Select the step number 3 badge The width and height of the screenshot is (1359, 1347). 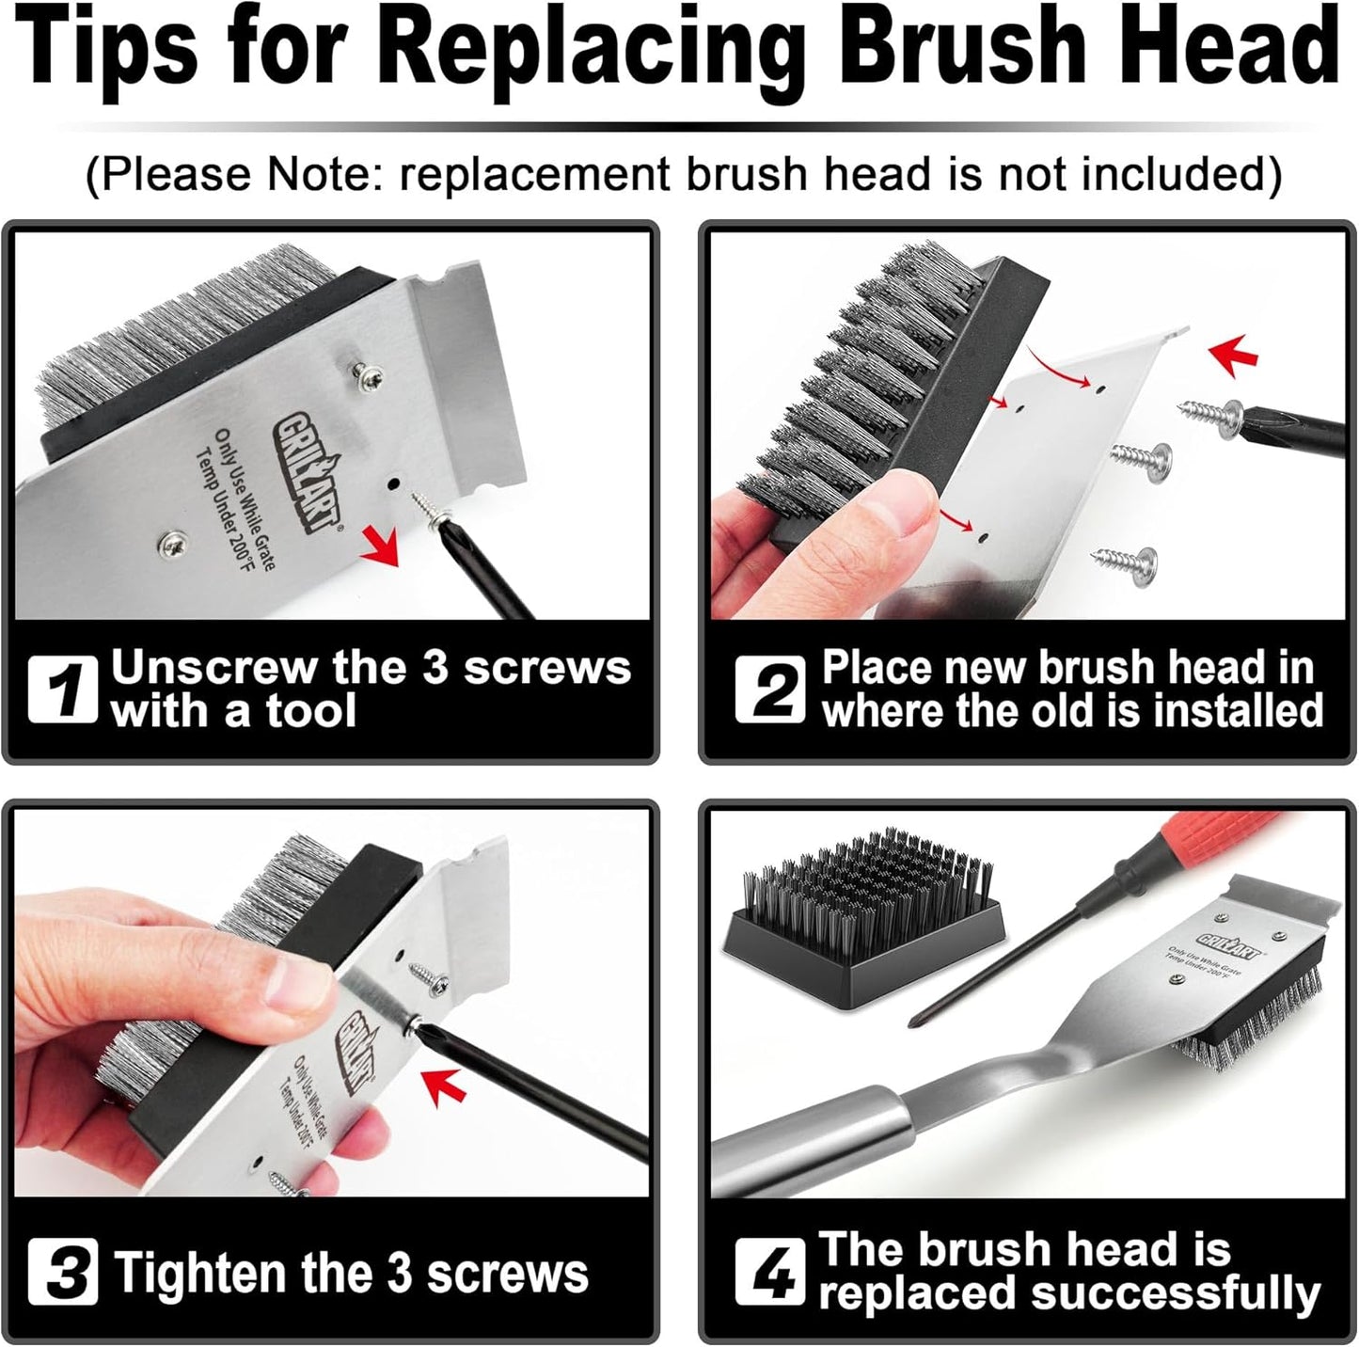62,1272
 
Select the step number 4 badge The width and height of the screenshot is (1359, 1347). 769,1272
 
